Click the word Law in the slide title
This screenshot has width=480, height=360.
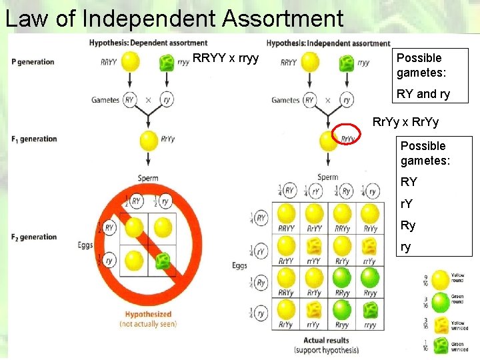tap(29, 18)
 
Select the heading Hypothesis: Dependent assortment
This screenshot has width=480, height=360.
tap(148, 43)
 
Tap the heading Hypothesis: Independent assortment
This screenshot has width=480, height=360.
tap(328, 43)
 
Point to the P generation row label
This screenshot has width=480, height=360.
tap(33, 62)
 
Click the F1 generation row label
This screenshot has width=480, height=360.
tap(34, 139)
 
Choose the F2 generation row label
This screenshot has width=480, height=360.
tap(34, 237)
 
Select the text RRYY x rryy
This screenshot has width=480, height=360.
tap(225, 59)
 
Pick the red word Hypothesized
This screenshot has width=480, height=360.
tap(148, 314)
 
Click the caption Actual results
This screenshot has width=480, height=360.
tap(326, 340)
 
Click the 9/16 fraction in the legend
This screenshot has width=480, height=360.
tap(426, 280)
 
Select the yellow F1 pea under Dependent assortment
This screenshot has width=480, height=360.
tap(149, 141)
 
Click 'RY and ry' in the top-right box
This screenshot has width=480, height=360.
tap(423, 94)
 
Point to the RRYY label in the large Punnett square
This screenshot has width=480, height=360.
tap(287, 229)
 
